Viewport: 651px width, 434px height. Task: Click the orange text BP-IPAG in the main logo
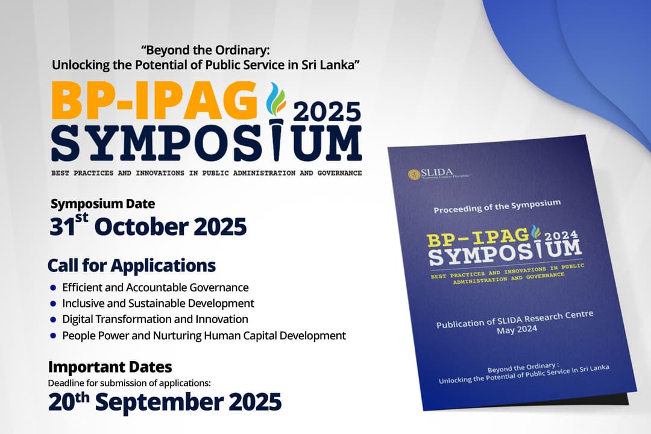click(x=154, y=101)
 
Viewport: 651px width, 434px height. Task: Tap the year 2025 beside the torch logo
click(x=327, y=112)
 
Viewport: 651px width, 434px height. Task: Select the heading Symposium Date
click(x=102, y=204)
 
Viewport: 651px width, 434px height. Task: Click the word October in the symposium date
click(x=142, y=227)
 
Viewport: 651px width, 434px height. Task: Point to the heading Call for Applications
click(x=131, y=265)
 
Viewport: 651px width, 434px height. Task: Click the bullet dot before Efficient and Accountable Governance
click(x=52, y=288)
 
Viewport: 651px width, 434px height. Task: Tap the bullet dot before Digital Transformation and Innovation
click(x=52, y=319)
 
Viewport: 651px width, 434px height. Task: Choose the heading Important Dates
click(x=110, y=367)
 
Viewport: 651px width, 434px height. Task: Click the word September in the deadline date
click(x=160, y=402)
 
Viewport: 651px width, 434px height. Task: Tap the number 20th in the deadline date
click(x=69, y=401)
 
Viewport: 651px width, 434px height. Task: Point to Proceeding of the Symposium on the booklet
click(x=497, y=206)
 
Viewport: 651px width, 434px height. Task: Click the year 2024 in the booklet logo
click(x=561, y=235)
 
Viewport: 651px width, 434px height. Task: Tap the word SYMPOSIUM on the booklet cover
click(x=505, y=253)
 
